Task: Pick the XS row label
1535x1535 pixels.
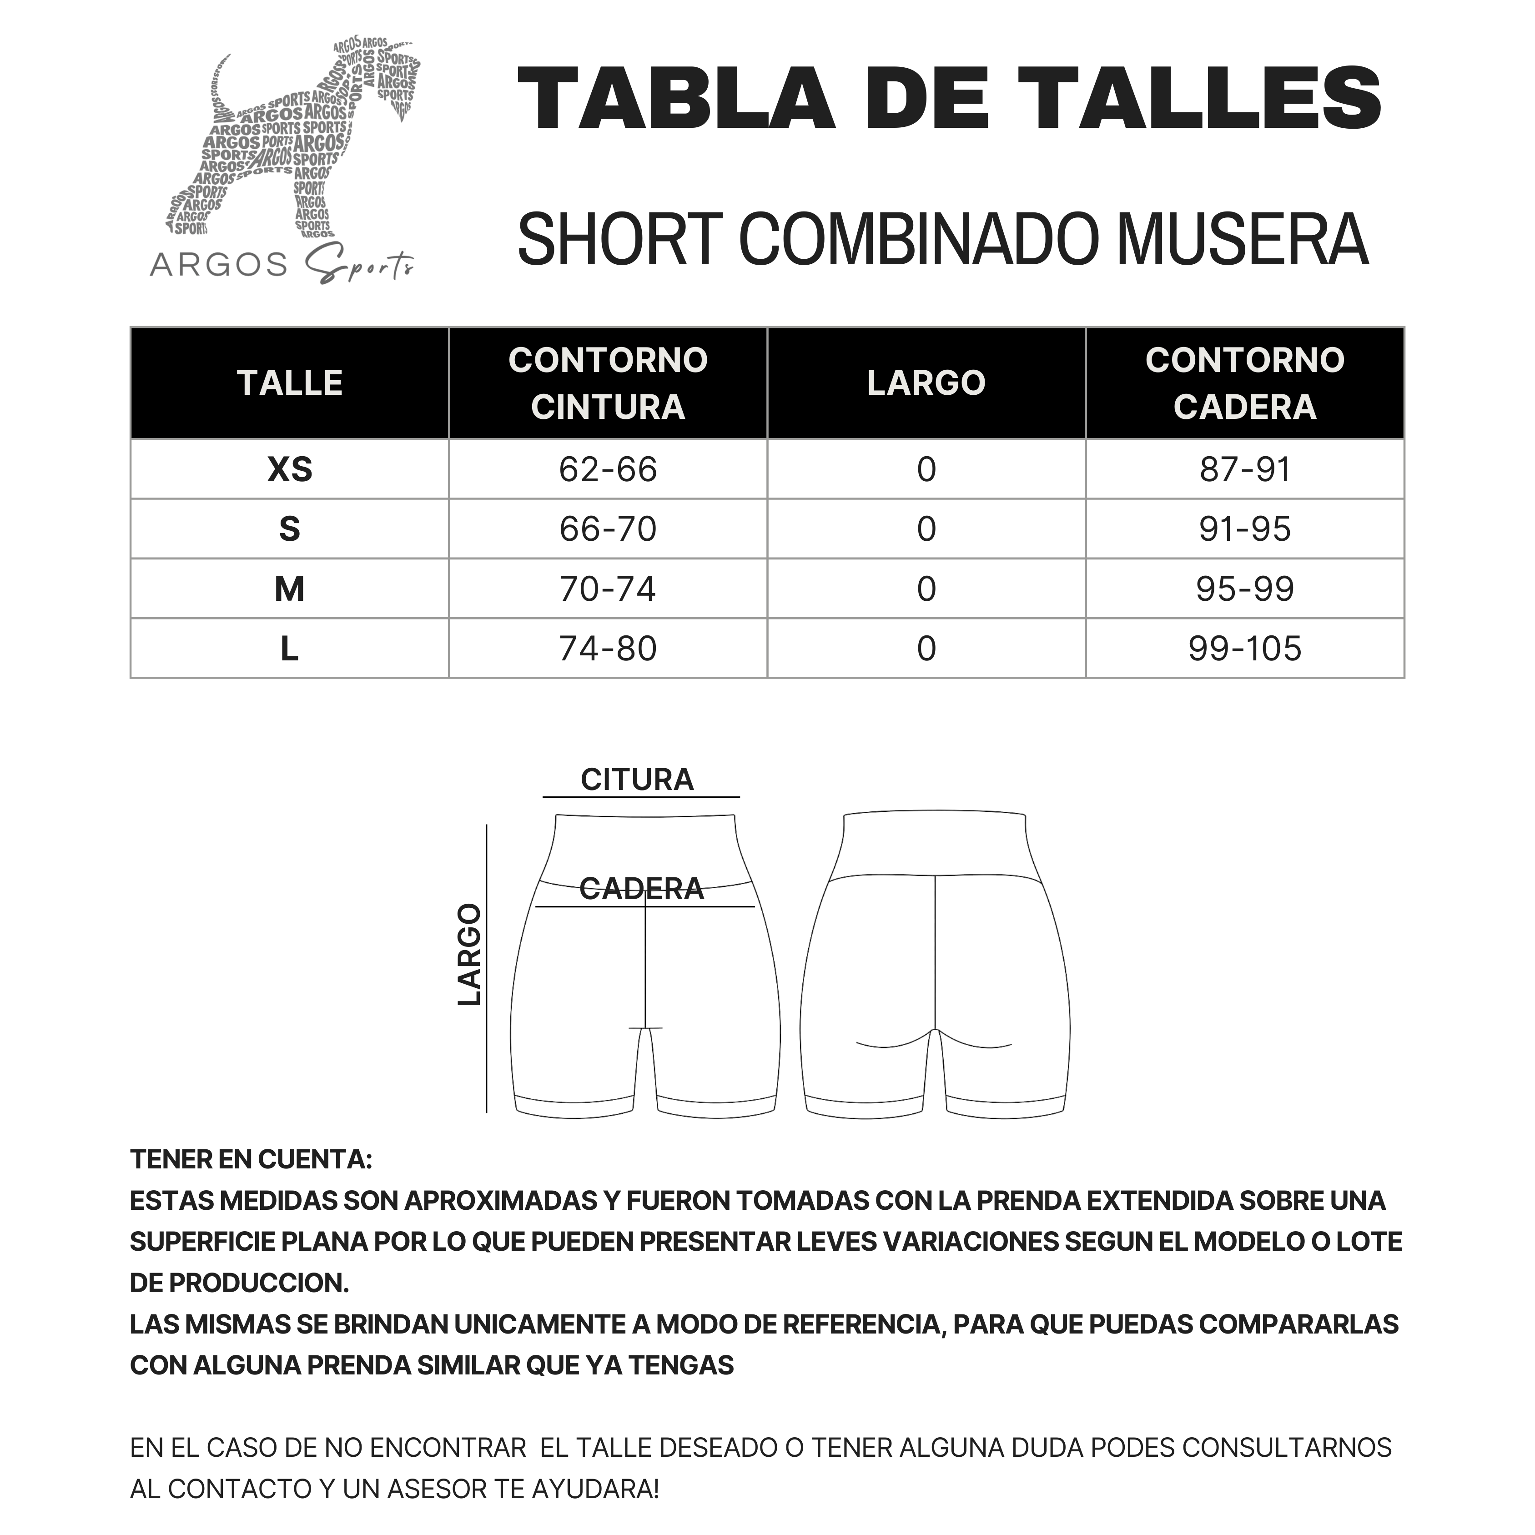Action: coord(290,469)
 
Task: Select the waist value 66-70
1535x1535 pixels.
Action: coord(608,529)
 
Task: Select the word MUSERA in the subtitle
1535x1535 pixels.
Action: coord(1243,240)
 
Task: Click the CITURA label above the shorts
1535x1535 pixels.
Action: coord(637,780)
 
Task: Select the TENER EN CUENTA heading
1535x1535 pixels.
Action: coord(251,1159)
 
